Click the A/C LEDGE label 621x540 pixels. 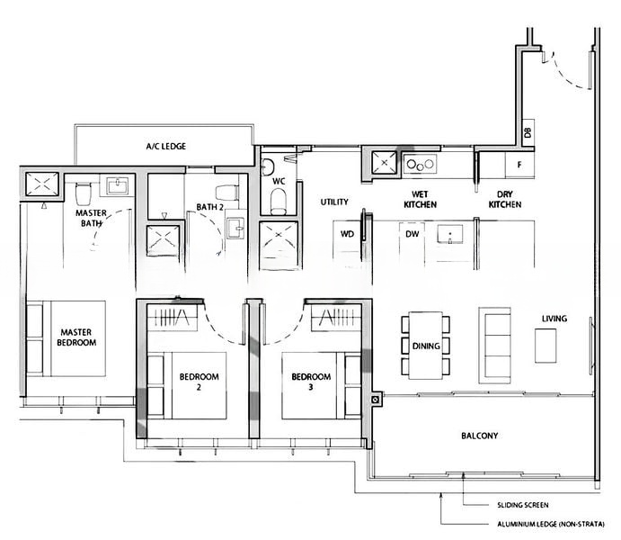[165, 145]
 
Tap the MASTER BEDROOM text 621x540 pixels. [77, 337]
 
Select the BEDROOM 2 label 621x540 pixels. [199, 382]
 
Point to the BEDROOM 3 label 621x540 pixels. [312, 382]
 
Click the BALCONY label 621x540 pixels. [479, 436]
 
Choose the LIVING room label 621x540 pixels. [554, 319]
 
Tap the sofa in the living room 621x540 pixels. [495, 337]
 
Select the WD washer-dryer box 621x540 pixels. [347, 234]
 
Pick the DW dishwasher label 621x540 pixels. [413, 234]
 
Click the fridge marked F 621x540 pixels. [519, 165]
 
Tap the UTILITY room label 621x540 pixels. [333, 203]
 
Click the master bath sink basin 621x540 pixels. [117, 186]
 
